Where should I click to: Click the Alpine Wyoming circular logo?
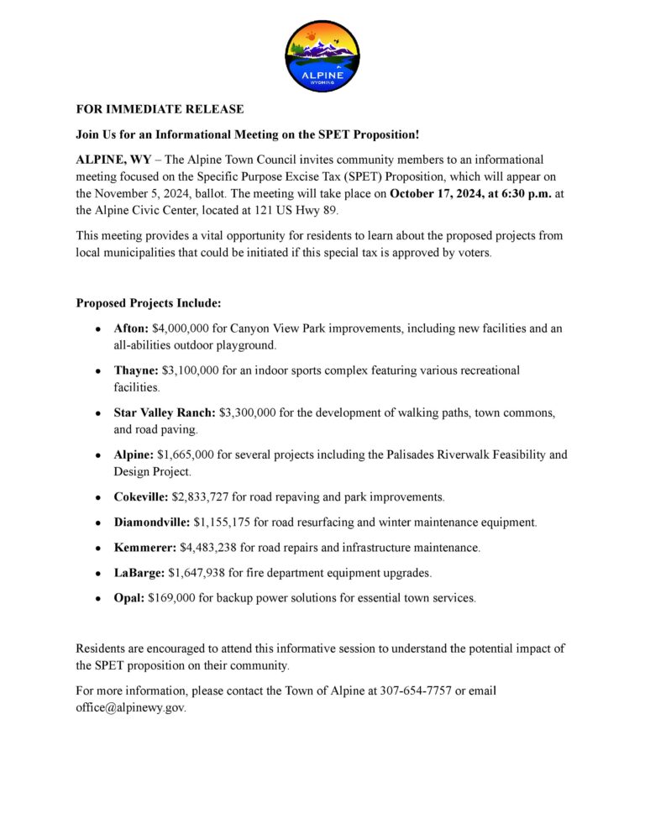(322, 54)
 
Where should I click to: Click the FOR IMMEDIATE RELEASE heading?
(160, 109)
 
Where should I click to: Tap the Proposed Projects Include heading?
(149, 302)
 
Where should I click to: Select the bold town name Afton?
(131, 328)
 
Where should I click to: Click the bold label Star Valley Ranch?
(165, 412)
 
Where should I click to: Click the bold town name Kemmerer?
(144, 548)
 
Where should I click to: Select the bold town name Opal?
(129, 598)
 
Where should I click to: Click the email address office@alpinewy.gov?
(130, 707)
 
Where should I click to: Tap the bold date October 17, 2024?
(445, 192)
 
